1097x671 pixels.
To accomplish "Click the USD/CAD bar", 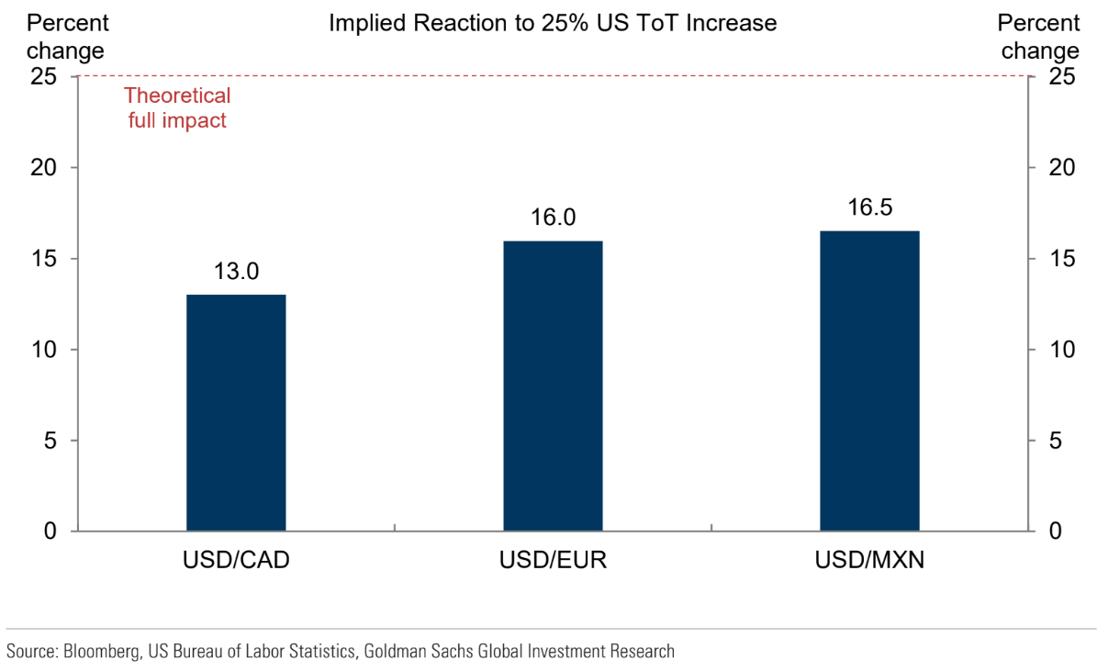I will click(236, 413).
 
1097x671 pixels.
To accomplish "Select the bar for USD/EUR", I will click(553, 386).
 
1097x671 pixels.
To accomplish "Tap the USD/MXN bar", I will click(869, 381).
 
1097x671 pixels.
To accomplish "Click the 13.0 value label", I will click(237, 272).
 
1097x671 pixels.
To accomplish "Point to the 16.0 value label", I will click(553, 218).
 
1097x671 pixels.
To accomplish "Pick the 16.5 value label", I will click(869, 207).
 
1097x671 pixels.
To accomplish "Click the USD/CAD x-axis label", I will click(236, 560).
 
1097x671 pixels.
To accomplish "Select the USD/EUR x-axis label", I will click(553, 560).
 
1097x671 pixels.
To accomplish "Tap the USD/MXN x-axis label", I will click(869, 560).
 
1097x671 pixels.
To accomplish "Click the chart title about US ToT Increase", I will click(553, 24).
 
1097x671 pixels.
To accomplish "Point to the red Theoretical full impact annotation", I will click(176, 107).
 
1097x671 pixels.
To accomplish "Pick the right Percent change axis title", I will click(1039, 37).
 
